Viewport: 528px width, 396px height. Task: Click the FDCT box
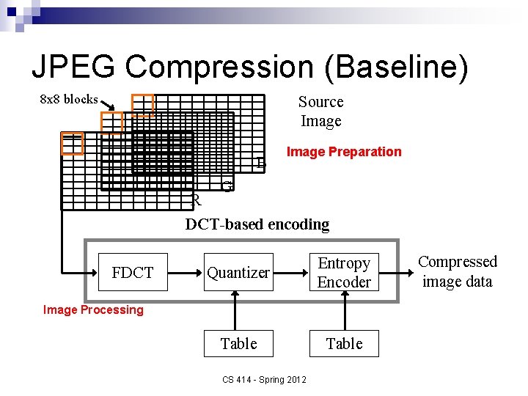[x=133, y=273]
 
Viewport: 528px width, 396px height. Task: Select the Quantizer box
[x=238, y=273]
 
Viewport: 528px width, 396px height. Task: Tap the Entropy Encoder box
[x=344, y=273]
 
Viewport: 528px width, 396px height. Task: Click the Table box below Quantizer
[x=238, y=343]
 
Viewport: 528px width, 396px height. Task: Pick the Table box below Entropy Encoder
[x=344, y=343]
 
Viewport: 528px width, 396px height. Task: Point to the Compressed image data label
[x=457, y=271]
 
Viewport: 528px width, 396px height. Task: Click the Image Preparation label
[x=344, y=152]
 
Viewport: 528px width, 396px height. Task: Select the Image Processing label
[x=93, y=309]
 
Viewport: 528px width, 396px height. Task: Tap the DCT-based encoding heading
[x=257, y=224]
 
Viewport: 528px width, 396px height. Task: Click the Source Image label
[x=321, y=111]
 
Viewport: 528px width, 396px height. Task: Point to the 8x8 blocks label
[x=68, y=99]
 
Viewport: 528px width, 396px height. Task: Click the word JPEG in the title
[x=73, y=67]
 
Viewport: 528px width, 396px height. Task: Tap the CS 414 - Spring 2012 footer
[x=264, y=379]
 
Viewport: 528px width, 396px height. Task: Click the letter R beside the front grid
[x=196, y=200]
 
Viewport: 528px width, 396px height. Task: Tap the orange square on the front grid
[x=72, y=144]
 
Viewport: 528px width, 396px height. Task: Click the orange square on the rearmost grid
[x=142, y=105]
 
